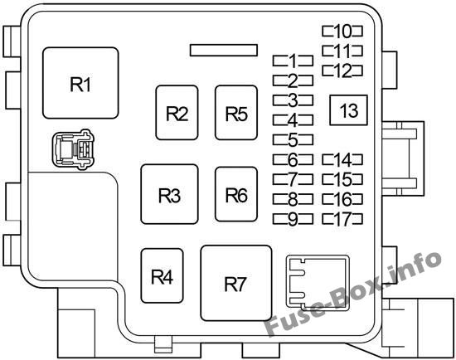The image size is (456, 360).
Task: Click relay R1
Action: (80, 83)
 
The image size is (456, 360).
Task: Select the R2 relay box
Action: (177, 113)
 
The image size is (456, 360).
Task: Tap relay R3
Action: (169, 194)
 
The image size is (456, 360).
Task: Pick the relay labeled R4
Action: (162, 275)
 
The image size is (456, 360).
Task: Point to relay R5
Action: (236, 113)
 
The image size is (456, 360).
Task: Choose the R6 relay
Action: (236, 194)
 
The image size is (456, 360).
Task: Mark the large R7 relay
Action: (236, 283)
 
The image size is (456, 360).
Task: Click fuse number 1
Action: (293, 61)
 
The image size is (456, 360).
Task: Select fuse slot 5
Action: (293, 139)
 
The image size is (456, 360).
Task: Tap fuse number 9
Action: (293, 219)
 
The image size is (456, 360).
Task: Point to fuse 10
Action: (342, 32)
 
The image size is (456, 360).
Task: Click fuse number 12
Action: (342, 71)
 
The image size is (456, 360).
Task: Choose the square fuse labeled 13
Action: (348, 110)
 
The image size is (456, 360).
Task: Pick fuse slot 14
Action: (342, 160)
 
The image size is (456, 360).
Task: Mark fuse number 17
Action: (342, 219)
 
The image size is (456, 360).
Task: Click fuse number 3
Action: (293, 100)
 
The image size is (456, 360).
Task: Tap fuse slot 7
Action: (293, 179)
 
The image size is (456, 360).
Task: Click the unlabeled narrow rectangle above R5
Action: (224, 50)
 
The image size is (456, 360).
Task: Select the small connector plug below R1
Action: (72, 148)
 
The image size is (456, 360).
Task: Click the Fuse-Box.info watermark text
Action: (353, 293)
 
